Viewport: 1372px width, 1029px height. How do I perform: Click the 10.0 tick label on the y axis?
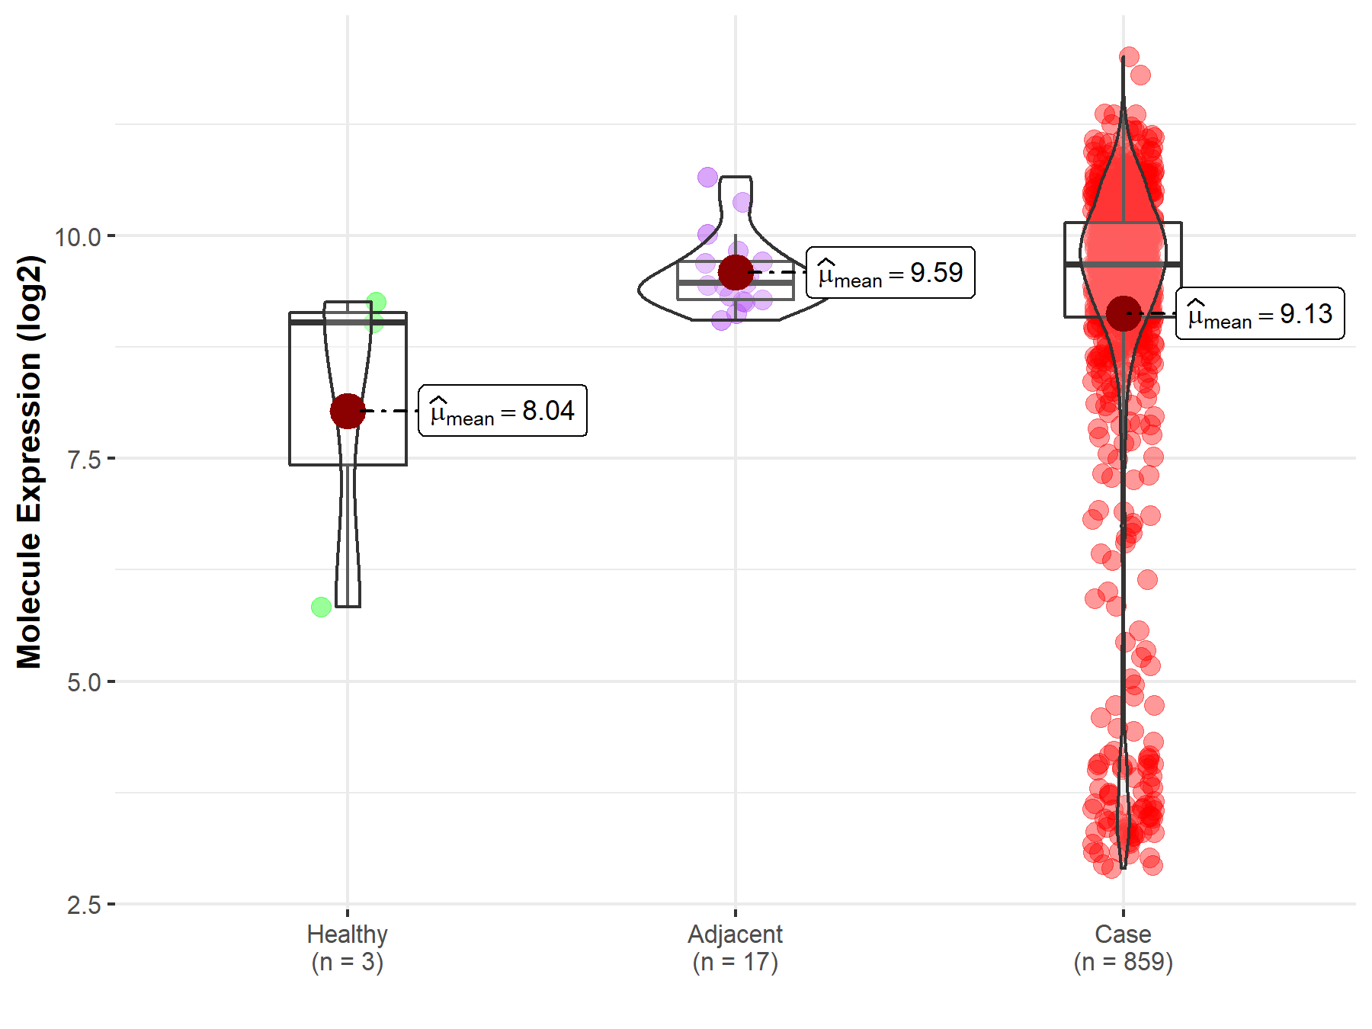tap(78, 237)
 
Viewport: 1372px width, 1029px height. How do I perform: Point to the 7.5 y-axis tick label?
tap(84, 460)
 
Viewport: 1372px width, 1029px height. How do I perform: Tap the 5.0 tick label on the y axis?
tap(84, 682)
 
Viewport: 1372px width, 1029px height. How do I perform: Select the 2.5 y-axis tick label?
tap(84, 906)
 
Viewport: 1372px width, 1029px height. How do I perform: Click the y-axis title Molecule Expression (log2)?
tap(29, 462)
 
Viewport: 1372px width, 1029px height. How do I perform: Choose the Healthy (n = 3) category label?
tap(348, 947)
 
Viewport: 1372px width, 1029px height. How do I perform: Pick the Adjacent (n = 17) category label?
tap(736, 947)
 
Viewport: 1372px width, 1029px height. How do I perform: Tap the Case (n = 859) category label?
tap(1123, 947)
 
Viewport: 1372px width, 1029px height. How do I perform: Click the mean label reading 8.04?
tap(503, 411)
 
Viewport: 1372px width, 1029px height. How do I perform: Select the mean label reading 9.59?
tap(890, 272)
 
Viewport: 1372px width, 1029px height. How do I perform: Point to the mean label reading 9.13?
tap(1260, 313)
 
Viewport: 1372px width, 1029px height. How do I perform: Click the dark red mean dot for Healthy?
tap(348, 411)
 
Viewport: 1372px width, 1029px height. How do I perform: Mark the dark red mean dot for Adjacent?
tap(736, 272)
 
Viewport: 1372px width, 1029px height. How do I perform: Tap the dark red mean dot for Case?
tap(1124, 313)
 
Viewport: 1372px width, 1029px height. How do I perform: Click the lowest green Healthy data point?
tap(321, 607)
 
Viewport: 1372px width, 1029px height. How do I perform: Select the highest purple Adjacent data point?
tap(707, 177)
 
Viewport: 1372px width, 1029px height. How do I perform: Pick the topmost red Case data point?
tap(1129, 56)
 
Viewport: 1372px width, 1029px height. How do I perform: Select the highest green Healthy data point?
tap(376, 302)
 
